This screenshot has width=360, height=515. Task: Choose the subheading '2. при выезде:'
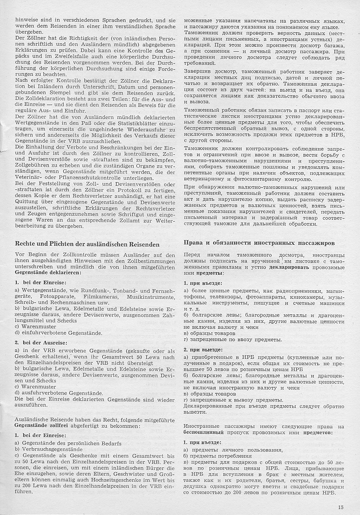203,350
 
